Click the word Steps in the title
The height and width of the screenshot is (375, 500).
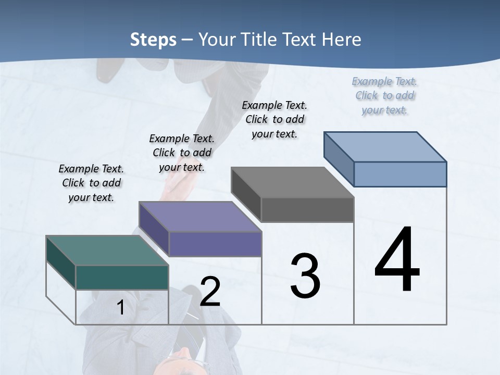(x=153, y=40)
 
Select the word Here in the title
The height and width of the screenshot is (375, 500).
(x=342, y=40)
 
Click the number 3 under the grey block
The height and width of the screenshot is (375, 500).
(x=305, y=276)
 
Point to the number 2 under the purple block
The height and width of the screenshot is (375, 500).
(x=210, y=291)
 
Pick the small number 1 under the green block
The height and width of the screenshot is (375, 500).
(x=121, y=308)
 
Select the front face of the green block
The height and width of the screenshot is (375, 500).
(x=122, y=277)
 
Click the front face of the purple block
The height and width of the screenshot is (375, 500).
(x=215, y=244)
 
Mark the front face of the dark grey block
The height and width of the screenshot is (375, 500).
(x=307, y=209)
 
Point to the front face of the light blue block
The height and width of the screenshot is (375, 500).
(x=400, y=174)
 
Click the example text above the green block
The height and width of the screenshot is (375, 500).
(x=91, y=183)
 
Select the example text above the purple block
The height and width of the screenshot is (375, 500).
(x=182, y=153)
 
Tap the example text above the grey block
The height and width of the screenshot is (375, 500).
(x=274, y=119)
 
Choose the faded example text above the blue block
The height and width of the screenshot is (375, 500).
(x=385, y=95)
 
